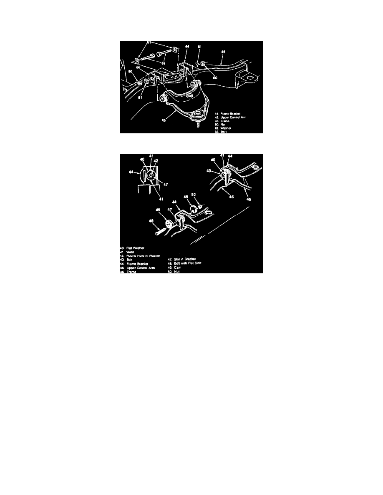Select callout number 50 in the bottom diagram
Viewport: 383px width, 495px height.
tap(194, 194)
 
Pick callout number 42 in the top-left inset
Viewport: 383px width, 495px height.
tap(156, 160)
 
